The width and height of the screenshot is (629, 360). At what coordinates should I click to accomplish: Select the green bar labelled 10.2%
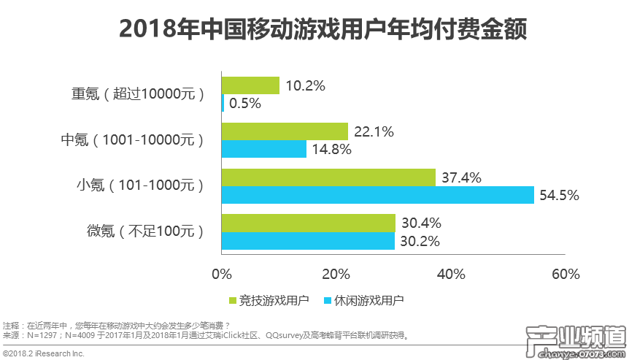250,85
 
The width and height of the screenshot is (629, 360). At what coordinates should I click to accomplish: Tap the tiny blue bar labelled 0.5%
223,104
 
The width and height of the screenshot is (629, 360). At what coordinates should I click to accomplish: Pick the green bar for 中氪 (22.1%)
285,131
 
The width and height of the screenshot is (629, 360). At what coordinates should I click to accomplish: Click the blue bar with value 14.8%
263,150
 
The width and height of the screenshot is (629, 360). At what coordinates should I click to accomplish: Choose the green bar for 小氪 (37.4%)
328,177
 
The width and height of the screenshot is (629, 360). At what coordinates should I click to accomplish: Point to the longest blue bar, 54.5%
377,195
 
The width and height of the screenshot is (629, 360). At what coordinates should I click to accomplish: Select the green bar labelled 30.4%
308,223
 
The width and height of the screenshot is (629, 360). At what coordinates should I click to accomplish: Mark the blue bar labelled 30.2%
307,241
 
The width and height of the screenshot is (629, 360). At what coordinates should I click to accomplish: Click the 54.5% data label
559,195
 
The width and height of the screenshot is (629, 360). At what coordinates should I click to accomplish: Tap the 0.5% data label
245,104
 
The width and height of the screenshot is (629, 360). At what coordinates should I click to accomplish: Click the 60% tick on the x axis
566,275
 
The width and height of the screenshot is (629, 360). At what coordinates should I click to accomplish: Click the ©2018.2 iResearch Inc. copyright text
43,353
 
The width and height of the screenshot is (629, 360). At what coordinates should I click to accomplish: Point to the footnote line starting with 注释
117,325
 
